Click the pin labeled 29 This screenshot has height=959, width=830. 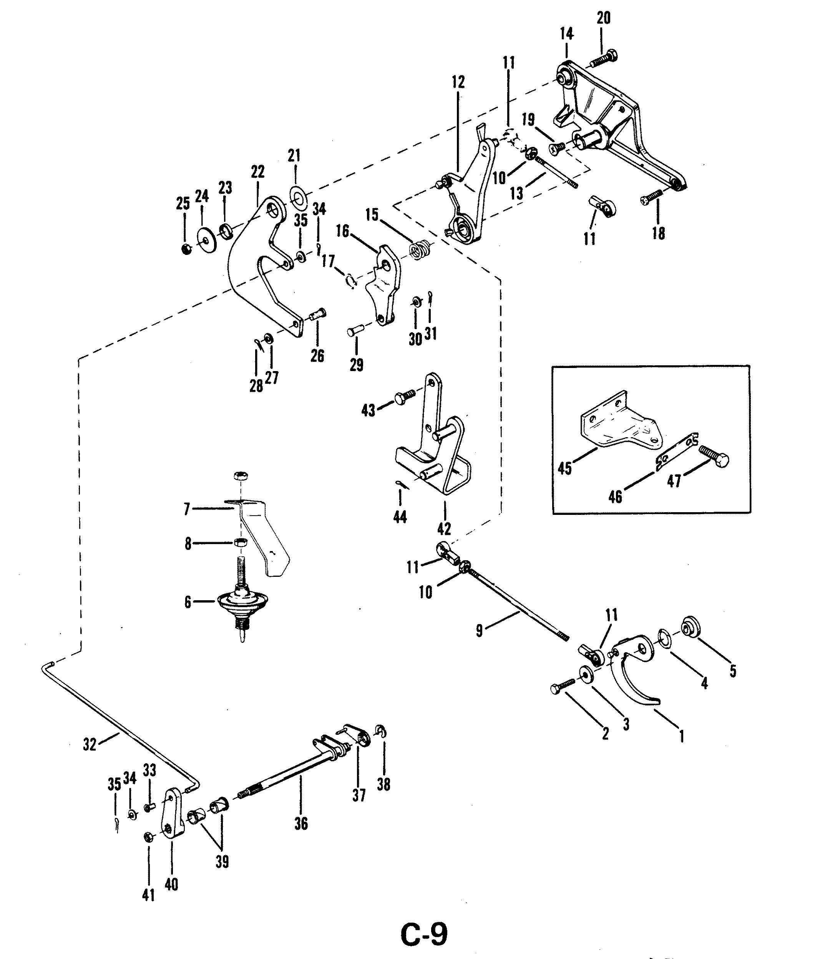[x=357, y=331]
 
